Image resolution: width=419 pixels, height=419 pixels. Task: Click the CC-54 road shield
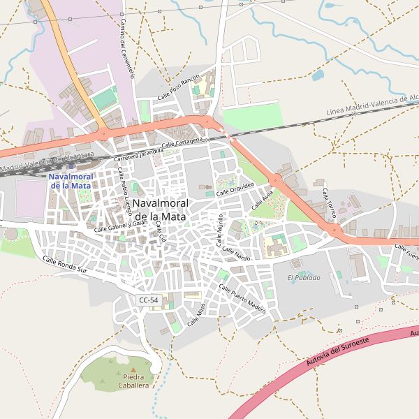click(148, 300)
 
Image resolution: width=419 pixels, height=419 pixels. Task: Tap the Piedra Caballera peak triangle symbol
click(133, 369)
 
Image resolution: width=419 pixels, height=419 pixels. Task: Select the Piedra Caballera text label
click(133, 381)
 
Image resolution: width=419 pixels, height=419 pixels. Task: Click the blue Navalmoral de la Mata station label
click(70, 182)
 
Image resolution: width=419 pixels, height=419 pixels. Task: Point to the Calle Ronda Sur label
click(65, 265)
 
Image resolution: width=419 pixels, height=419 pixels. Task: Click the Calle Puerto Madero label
click(242, 299)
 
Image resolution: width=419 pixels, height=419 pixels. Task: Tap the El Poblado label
click(304, 278)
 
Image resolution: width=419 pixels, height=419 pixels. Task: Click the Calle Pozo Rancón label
click(178, 87)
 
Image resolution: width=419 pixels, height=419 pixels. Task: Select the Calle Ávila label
click(262, 203)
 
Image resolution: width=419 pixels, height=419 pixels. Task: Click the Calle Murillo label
click(221, 232)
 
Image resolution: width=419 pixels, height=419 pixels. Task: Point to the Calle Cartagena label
click(187, 142)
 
